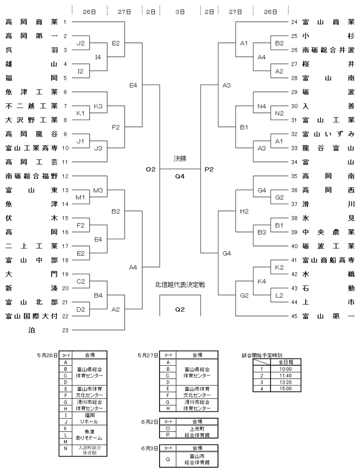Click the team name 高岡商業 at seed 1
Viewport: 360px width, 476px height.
(x=32, y=22)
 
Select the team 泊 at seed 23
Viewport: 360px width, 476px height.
(x=32, y=330)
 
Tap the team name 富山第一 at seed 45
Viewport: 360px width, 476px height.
(x=328, y=317)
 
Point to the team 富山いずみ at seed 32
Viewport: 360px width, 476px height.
(x=328, y=134)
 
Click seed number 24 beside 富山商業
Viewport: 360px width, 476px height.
(x=294, y=22)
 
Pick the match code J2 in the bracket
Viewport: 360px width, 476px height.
(x=80, y=43)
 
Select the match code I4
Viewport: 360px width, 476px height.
(x=98, y=57)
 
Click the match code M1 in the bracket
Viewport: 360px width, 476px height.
(x=80, y=197)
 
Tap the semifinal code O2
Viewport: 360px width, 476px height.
(x=151, y=169)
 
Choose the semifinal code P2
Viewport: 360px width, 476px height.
(x=209, y=169)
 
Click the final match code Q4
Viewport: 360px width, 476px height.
(x=180, y=176)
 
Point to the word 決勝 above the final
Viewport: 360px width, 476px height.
(x=180, y=159)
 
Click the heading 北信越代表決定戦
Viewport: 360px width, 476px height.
(x=180, y=285)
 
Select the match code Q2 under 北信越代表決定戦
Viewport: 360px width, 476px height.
(x=180, y=309)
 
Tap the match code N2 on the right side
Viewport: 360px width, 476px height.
(x=279, y=113)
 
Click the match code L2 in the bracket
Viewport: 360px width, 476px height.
(x=279, y=296)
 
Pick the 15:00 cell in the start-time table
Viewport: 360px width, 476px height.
(x=286, y=388)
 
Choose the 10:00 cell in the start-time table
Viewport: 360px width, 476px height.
(x=286, y=369)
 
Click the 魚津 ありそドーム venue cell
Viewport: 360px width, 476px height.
(x=90, y=435)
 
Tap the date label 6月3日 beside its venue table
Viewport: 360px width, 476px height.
(x=149, y=448)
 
